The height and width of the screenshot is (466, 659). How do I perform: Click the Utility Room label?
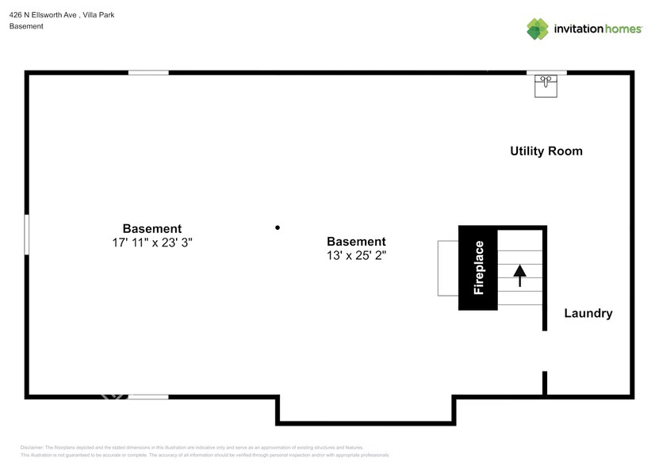coord(546,151)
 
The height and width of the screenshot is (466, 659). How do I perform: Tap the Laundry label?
coord(588,313)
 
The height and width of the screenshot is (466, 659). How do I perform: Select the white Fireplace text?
coord(478,268)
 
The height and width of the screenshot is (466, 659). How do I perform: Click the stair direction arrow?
coord(520,275)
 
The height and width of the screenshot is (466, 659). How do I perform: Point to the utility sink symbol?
coord(546,85)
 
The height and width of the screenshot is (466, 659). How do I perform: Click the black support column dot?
coord(278,227)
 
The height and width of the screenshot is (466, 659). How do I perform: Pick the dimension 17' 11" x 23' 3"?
coord(152,243)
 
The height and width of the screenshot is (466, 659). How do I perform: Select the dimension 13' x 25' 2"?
coord(356,255)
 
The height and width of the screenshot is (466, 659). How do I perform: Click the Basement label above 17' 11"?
coord(152,228)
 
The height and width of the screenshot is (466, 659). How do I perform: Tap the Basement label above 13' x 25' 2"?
coord(356,241)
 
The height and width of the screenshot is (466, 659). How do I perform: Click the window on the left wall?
coord(27,234)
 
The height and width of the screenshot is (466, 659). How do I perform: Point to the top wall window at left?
coord(148,73)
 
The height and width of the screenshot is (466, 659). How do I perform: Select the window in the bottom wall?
coord(148,396)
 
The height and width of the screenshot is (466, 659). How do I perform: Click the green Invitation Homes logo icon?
coord(538,29)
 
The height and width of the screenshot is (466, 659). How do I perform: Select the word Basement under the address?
coord(26,26)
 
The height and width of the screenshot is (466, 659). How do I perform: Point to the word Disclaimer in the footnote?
coord(32,448)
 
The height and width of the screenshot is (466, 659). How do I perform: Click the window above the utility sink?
coord(546,73)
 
